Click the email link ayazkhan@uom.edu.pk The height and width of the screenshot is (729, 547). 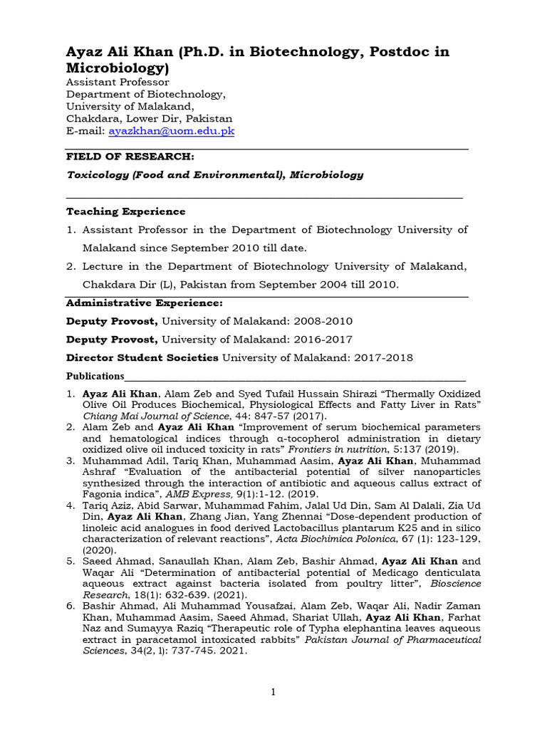coord(172,131)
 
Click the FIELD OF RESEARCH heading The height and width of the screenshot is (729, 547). coord(129,157)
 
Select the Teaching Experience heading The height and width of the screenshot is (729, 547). coord(125,211)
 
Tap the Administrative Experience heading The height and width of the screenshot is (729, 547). coord(145,303)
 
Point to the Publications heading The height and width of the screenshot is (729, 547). coord(95,376)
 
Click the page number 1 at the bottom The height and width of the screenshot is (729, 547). coord(273,692)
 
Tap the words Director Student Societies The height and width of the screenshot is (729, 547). coord(142,357)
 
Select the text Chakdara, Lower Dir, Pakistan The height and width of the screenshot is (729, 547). coord(149,119)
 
